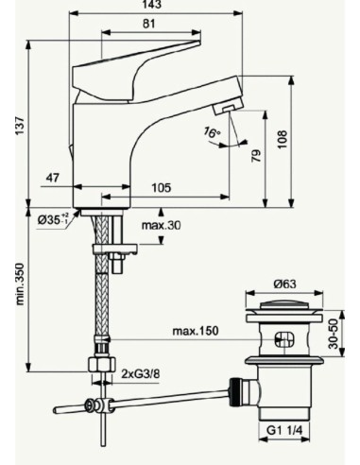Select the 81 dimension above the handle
[150, 25]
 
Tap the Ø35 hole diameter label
[51, 220]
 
